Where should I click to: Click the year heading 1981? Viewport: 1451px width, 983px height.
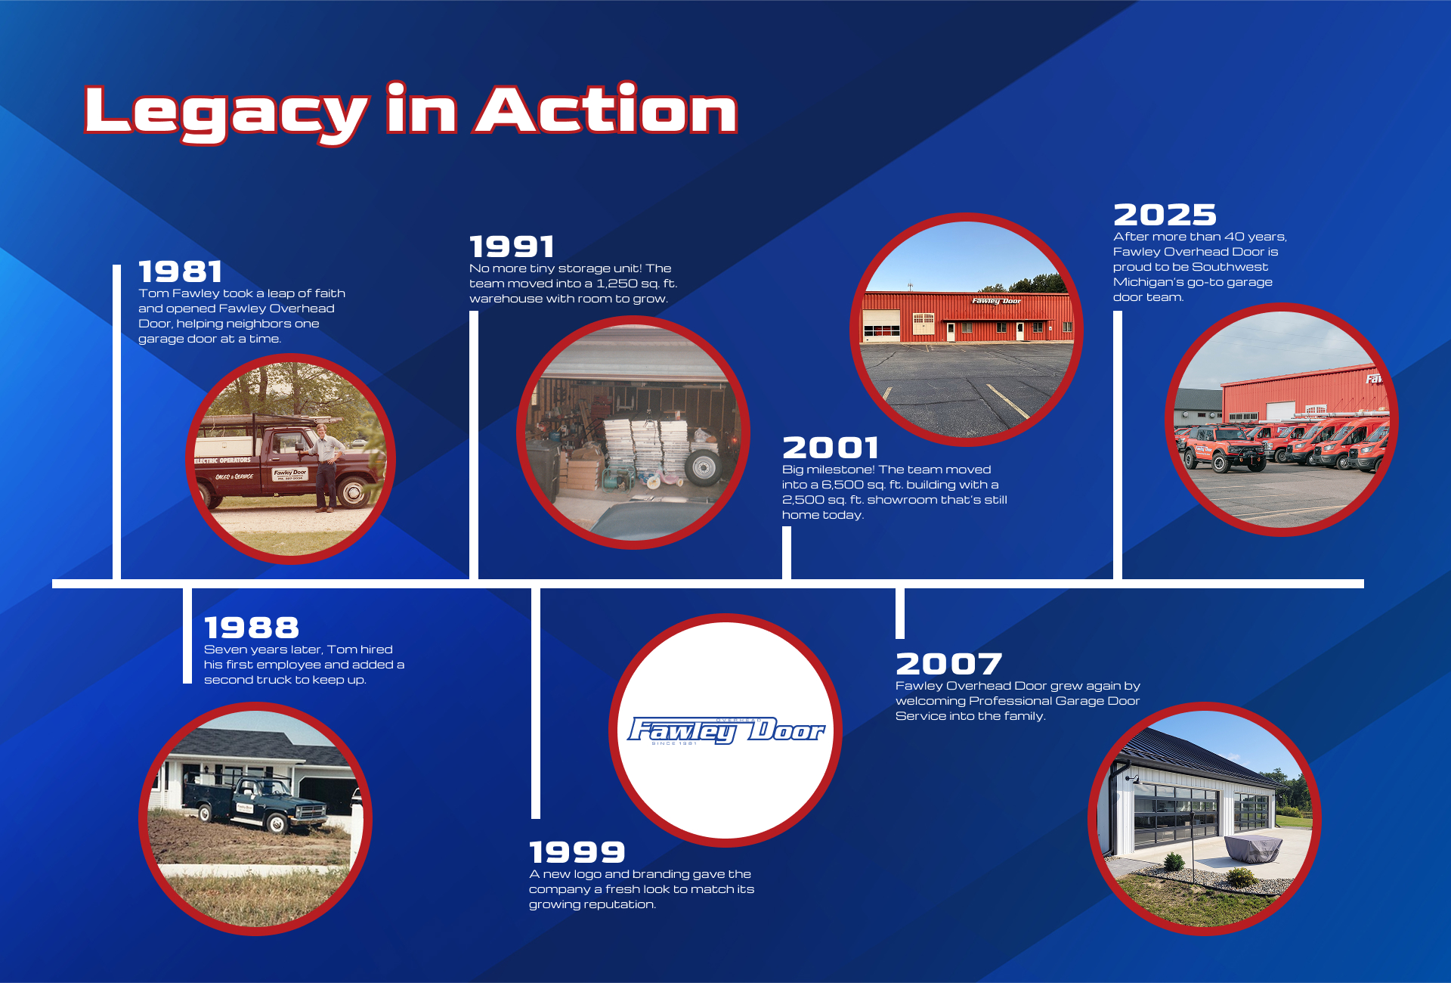(180, 271)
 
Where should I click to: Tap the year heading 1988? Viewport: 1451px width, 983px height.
(252, 628)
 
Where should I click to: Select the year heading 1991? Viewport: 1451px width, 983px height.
(512, 247)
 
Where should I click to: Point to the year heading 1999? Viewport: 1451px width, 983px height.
(577, 852)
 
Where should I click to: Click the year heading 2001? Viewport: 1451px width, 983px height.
(831, 448)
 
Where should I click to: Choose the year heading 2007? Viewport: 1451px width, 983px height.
(949, 664)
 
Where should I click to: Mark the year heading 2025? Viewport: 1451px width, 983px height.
(1165, 215)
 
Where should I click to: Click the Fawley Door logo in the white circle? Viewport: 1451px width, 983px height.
(725, 730)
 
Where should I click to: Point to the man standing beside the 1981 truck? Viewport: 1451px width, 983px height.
(324, 467)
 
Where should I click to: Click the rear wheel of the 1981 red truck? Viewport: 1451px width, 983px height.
(353, 492)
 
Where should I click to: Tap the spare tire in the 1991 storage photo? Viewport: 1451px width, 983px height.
(704, 467)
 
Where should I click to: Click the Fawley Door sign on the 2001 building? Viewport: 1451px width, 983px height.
(996, 301)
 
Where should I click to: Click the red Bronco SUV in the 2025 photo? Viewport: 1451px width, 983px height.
(1224, 448)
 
